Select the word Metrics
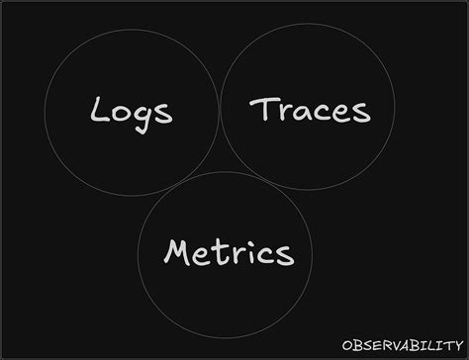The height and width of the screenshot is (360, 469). (229, 252)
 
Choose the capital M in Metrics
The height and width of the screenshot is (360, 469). (178, 251)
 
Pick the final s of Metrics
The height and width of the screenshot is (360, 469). (286, 254)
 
